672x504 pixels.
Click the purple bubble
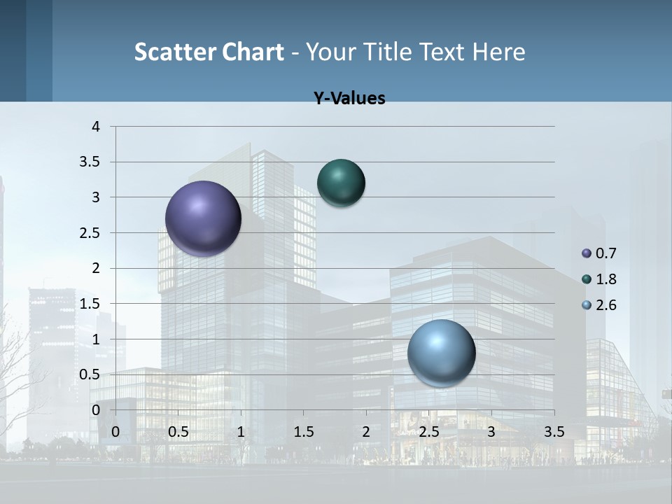pos(204,218)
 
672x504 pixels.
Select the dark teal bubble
pos(341,183)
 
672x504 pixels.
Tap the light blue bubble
pos(441,353)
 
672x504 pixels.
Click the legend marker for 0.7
pos(587,253)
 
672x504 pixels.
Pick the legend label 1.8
pos(606,279)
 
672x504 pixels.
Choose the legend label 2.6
pos(606,305)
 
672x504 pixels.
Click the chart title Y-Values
pos(349,99)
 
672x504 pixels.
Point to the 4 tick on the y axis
pos(96,127)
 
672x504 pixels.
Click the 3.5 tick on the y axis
pos(91,162)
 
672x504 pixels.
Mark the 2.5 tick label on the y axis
pos(91,233)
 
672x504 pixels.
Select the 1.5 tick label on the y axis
pos(91,304)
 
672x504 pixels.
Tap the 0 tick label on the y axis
pos(96,409)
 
